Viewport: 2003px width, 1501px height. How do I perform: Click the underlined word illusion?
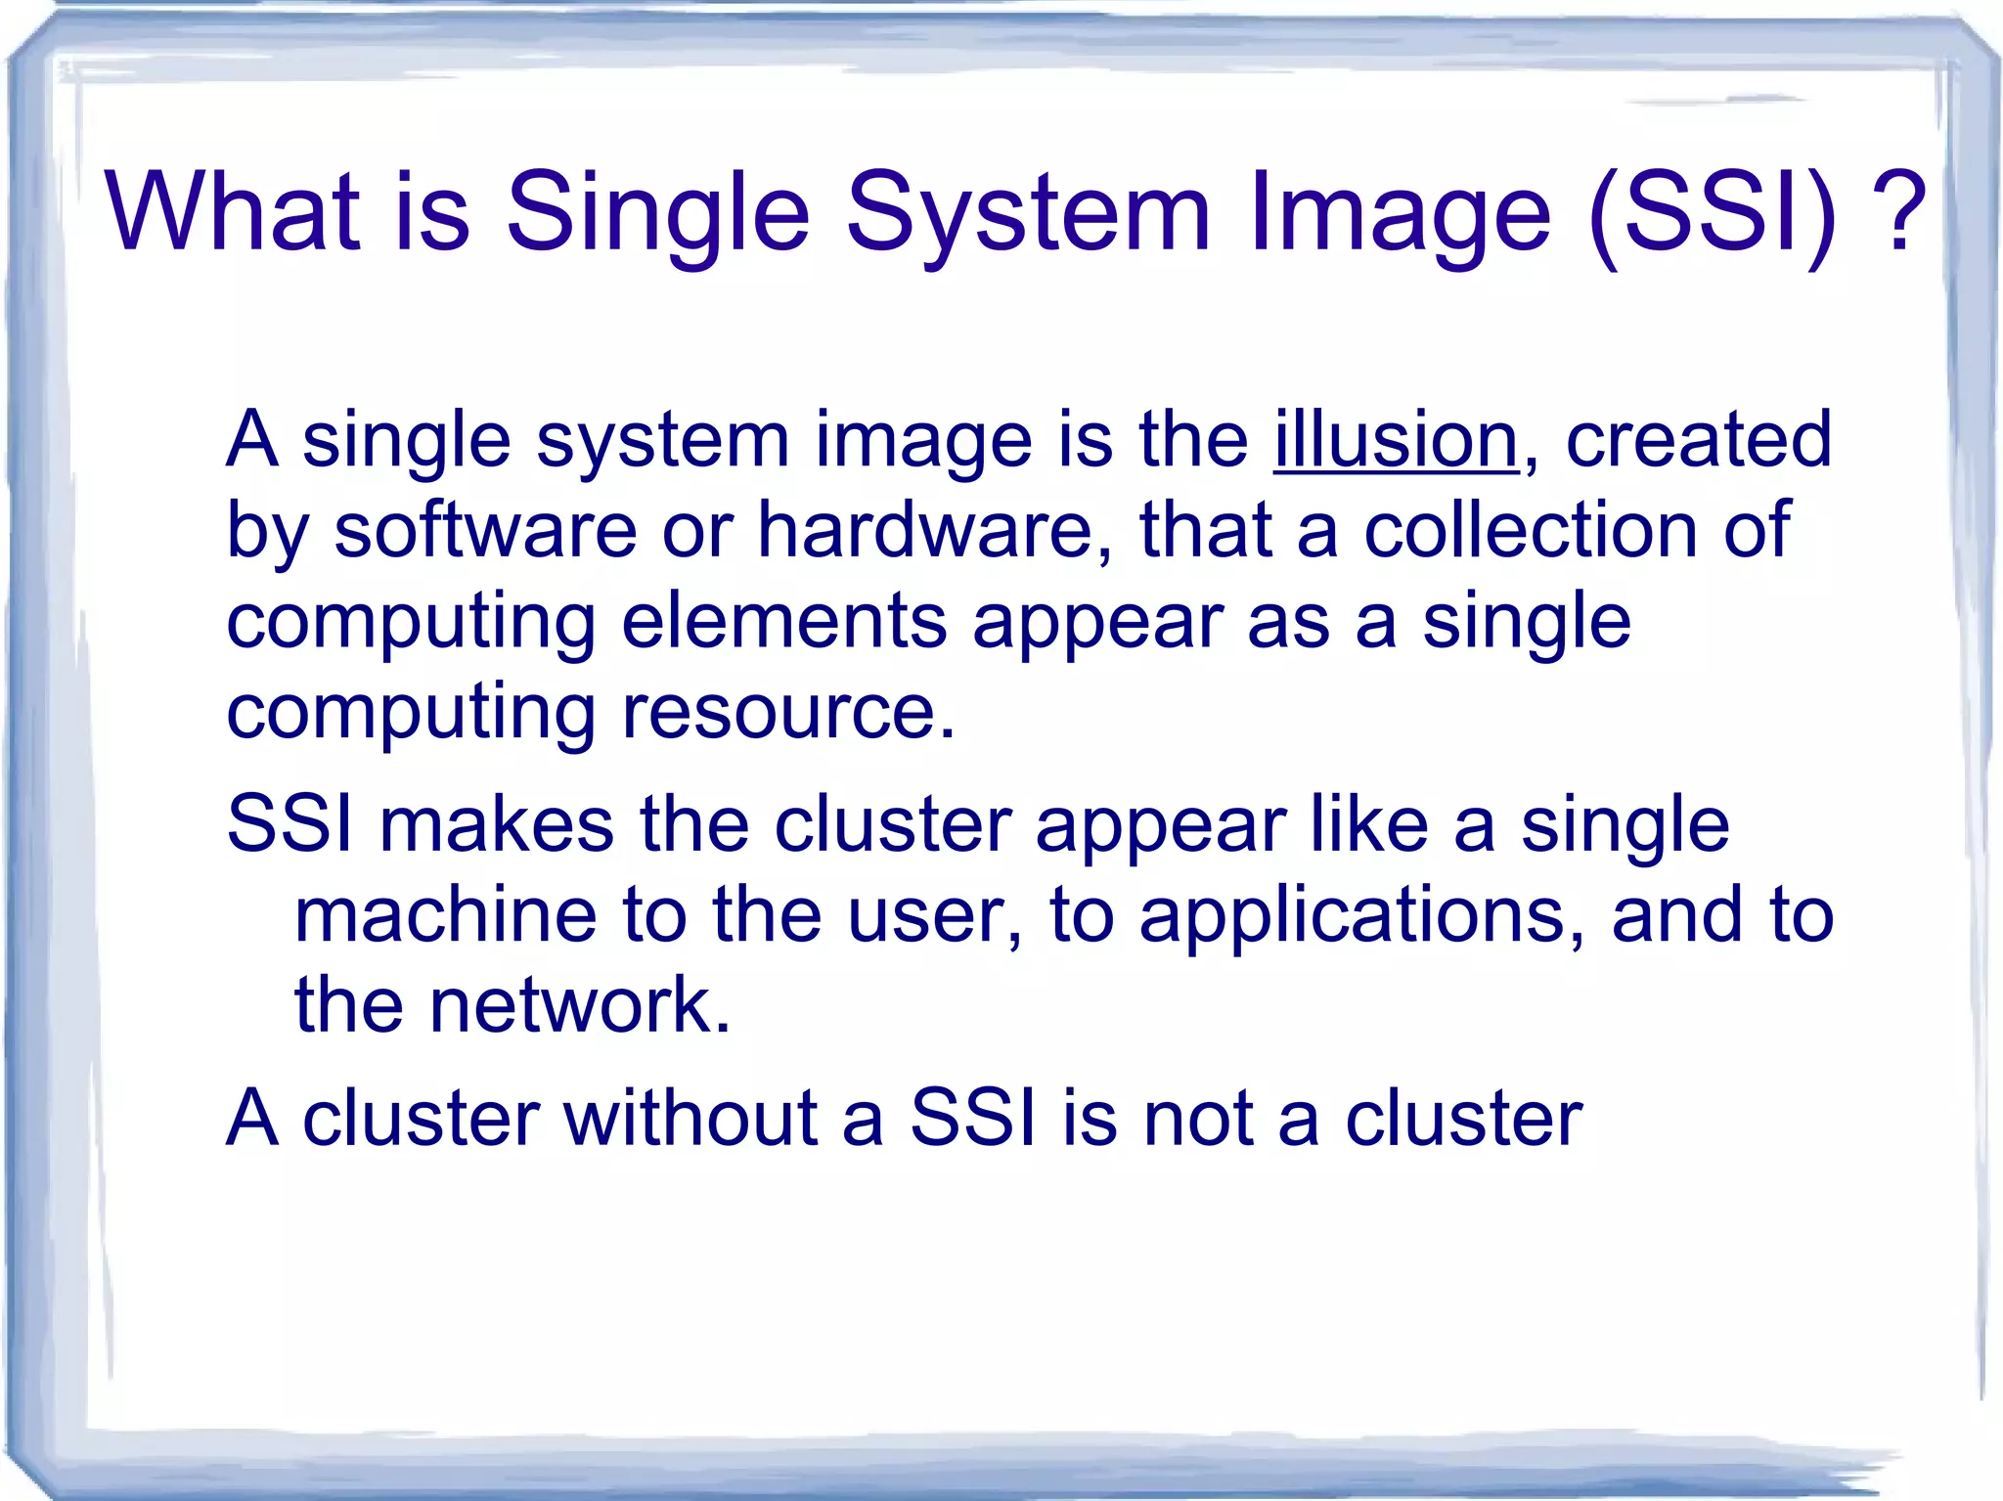(x=1396, y=441)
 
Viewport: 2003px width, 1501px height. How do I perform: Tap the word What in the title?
(x=232, y=212)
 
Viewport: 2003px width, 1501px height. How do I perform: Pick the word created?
(x=1699, y=441)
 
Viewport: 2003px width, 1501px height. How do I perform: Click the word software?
(x=485, y=531)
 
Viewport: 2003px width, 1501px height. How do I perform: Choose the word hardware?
(x=925, y=531)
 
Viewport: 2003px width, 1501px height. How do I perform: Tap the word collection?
(x=1531, y=531)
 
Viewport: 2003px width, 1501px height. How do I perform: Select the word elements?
(x=783, y=622)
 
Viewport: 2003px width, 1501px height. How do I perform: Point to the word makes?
(x=497, y=824)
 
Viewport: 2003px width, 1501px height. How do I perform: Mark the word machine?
(x=446, y=915)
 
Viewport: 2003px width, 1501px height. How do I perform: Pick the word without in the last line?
(x=690, y=1118)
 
